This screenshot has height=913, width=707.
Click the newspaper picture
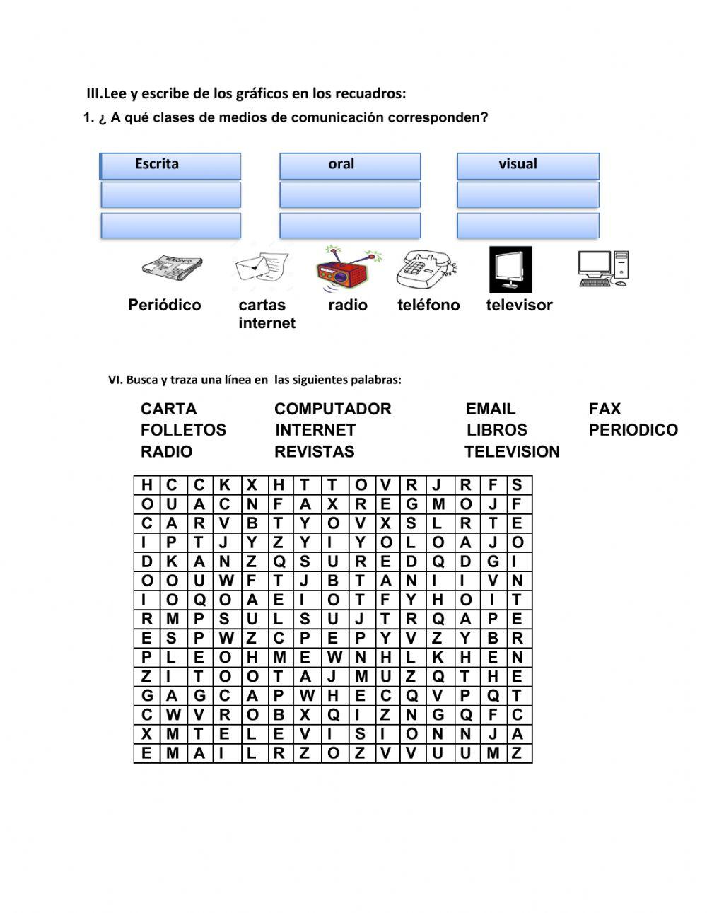(172, 269)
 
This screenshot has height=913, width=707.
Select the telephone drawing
(426, 269)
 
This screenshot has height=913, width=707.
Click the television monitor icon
(510, 269)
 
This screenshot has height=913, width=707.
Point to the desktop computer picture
(602, 269)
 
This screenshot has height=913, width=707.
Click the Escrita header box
(170, 165)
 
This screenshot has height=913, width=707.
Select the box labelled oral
(350, 165)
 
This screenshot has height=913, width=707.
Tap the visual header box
(527, 165)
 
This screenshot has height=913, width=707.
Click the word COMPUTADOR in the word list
(332, 409)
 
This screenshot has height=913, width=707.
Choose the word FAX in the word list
(604, 409)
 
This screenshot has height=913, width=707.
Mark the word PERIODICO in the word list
(633, 430)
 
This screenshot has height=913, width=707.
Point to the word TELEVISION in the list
(512, 451)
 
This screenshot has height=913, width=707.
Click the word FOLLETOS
(183, 430)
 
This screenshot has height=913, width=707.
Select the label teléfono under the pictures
(428, 305)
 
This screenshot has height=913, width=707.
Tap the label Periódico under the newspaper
(165, 305)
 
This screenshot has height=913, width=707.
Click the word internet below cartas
(267, 323)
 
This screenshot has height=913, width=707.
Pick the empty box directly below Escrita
(170, 194)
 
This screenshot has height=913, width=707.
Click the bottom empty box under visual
(527, 226)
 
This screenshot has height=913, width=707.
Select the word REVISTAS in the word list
(315, 451)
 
